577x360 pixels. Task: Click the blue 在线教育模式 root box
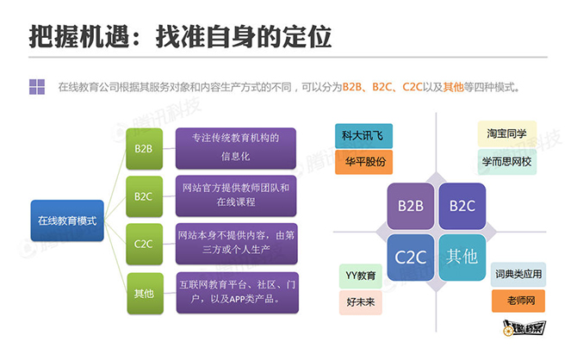pyautogui.click(x=67, y=220)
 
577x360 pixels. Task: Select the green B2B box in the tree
pyautogui.click(x=145, y=149)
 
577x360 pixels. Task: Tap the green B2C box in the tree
pyautogui.click(x=145, y=196)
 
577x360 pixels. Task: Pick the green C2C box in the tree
pyautogui.click(x=145, y=244)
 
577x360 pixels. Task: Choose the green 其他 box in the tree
pyautogui.click(x=145, y=294)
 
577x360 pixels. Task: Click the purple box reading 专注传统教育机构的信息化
pyautogui.click(x=236, y=148)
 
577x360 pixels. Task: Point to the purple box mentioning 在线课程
pyautogui.click(x=236, y=196)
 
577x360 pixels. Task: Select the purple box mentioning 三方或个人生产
pyautogui.click(x=236, y=244)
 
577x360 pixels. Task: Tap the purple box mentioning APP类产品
pyautogui.click(x=238, y=293)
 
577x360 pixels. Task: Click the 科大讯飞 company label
pyautogui.click(x=363, y=136)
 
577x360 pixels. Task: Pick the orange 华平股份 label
pyautogui.click(x=363, y=162)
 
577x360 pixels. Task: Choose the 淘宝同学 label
pyautogui.click(x=507, y=133)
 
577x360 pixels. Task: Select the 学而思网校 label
pyautogui.click(x=507, y=162)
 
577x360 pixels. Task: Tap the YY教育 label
pyautogui.click(x=361, y=276)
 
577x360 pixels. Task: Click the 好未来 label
pyautogui.click(x=361, y=302)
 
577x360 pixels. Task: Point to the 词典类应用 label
pyautogui.click(x=518, y=274)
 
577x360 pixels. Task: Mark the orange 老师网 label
pyautogui.click(x=518, y=301)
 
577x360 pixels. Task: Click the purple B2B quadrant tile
pyautogui.click(x=411, y=206)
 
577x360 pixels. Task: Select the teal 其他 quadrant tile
pyautogui.click(x=462, y=258)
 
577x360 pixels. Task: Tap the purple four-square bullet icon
pyautogui.click(x=37, y=87)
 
